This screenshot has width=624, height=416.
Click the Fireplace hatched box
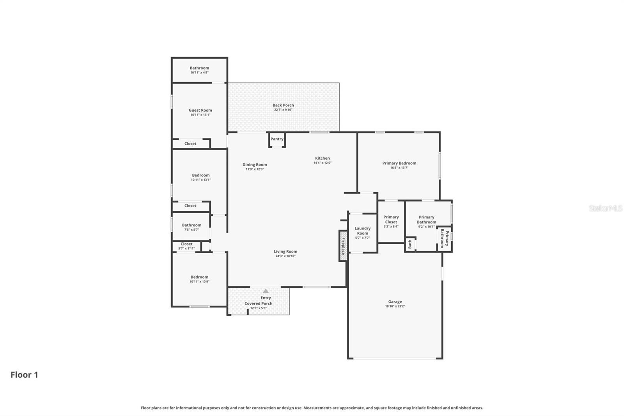(x=343, y=246)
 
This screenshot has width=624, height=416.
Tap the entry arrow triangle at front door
(x=266, y=291)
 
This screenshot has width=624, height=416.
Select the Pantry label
(x=277, y=139)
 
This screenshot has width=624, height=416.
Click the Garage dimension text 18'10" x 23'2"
(x=395, y=306)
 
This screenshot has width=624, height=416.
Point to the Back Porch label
(x=283, y=105)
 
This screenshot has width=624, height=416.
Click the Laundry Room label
(x=362, y=231)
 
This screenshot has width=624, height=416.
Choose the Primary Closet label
(x=391, y=219)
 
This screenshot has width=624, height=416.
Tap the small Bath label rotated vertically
(x=410, y=245)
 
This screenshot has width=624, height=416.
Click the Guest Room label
(x=200, y=110)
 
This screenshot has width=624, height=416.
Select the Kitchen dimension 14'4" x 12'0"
(x=322, y=163)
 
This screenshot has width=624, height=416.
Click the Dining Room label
(x=255, y=165)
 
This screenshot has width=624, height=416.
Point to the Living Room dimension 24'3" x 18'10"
(x=285, y=256)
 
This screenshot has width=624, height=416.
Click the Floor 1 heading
(x=24, y=375)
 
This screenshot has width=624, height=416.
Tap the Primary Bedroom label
(x=399, y=163)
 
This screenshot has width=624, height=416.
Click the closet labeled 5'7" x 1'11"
(x=186, y=246)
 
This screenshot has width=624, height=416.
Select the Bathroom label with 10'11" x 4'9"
(x=199, y=68)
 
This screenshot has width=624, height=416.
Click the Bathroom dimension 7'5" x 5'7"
(x=191, y=230)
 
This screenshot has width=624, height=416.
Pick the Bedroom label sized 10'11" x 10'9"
(x=199, y=277)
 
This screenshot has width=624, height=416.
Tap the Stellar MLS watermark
(x=605, y=208)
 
